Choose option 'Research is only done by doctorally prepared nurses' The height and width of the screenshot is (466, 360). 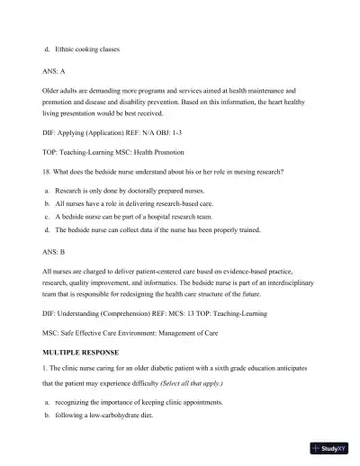pos(130,192)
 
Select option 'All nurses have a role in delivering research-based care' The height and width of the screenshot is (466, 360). pos(139,204)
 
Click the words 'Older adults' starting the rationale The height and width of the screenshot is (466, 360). pos(61,91)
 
